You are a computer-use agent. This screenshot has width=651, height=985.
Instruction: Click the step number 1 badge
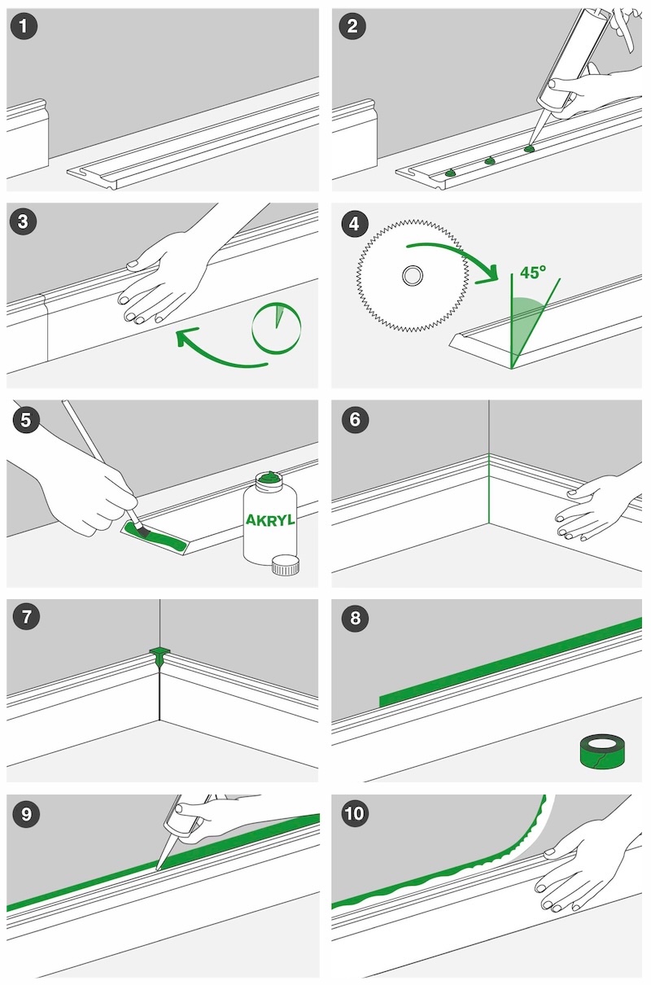24,26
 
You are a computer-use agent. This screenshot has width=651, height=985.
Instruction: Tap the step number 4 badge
355,224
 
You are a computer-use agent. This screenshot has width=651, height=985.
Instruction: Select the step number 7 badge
26,617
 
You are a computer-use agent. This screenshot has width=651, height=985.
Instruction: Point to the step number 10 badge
354,813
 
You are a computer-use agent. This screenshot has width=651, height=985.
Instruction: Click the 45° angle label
533,272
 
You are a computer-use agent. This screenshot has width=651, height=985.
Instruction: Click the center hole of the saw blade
413,276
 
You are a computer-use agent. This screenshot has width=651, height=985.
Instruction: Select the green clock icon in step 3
277,327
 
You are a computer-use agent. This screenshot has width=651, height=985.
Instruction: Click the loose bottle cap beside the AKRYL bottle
286,565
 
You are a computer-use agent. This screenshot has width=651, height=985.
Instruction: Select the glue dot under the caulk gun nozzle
529,149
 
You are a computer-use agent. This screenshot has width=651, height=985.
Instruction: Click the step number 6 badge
354,420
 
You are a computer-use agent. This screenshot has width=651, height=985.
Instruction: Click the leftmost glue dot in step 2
450,173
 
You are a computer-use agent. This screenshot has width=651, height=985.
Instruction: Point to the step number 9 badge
26,813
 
